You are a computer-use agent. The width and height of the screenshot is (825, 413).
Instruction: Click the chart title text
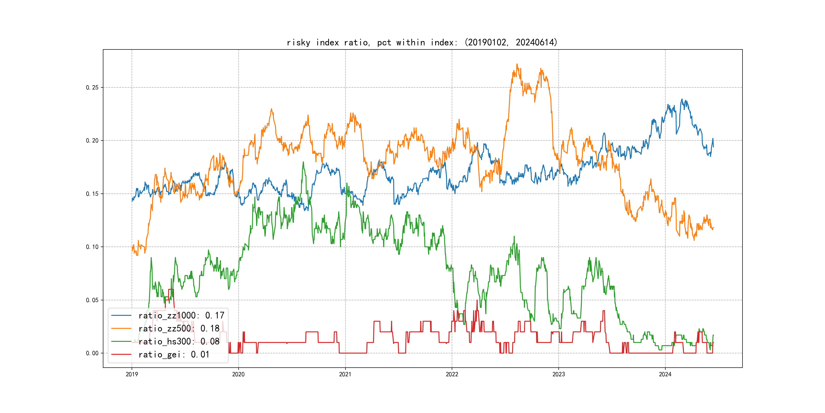pos(422,42)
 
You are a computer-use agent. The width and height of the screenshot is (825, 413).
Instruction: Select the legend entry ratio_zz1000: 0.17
pos(181,316)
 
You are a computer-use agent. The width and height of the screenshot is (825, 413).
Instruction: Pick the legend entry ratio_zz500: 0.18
pos(179,329)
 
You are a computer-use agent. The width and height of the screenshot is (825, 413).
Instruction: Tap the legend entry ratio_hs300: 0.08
pos(179,342)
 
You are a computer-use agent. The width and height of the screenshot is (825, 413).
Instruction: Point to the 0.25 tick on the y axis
pos(92,87)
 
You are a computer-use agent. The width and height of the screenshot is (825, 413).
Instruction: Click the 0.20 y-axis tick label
pos(92,141)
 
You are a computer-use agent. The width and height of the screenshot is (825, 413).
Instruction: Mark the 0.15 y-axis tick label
pos(92,194)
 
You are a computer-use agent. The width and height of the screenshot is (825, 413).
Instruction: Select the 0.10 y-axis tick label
pos(92,247)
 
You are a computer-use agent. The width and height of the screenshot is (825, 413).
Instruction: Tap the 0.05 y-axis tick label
pos(92,300)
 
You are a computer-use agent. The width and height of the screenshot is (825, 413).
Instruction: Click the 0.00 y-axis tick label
pos(92,353)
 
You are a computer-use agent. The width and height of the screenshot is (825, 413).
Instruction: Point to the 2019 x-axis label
pos(132,374)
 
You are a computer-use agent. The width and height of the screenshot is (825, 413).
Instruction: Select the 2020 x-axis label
pos(238,374)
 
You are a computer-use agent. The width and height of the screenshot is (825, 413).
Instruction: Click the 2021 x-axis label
pos(345,374)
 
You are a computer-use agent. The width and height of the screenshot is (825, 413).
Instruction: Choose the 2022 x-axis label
pos(452,374)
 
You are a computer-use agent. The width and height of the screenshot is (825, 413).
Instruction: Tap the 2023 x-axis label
pos(559,374)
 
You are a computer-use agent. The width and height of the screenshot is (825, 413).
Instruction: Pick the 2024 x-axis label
pos(665,374)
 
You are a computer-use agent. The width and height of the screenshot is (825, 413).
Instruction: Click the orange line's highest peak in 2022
pos(517,64)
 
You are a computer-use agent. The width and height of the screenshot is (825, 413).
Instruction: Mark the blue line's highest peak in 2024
pos(682,99)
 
